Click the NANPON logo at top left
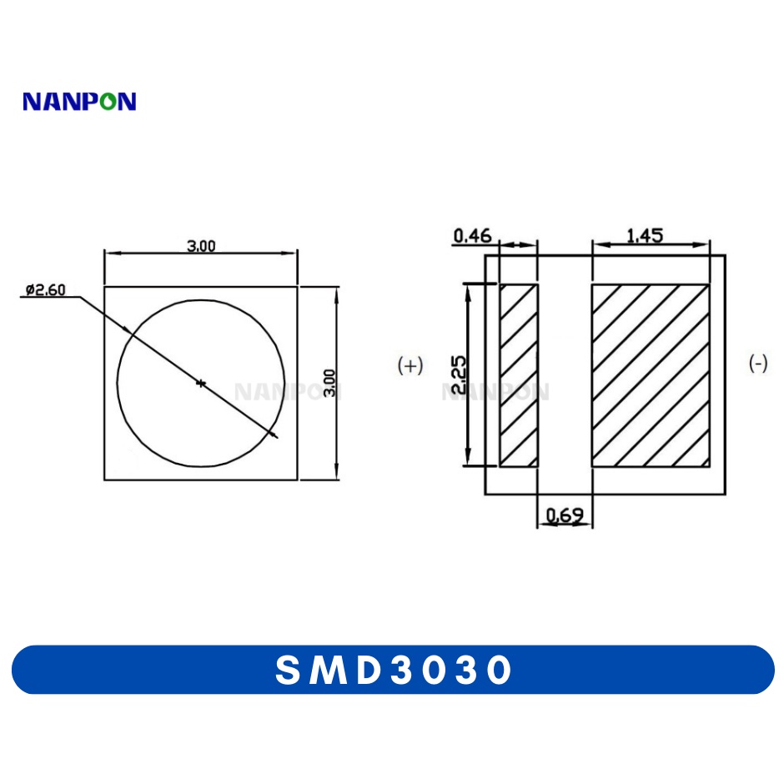click(79, 102)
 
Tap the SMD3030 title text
click(393, 670)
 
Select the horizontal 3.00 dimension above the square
click(200, 245)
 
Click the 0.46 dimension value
click(472, 237)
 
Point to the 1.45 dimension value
click(644, 236)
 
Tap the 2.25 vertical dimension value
click(458, 374)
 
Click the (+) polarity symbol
click(410, 365)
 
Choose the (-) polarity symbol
click(758, 364)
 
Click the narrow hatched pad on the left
click(518, 375)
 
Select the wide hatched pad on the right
click(651, 375)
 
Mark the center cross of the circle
click(200, 383)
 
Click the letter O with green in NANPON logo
click(104, 102)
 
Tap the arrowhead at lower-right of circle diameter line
click(274, 434)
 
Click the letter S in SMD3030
click(288, 670)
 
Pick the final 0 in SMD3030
click(498, 670)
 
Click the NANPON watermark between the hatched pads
click(495, 391)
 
